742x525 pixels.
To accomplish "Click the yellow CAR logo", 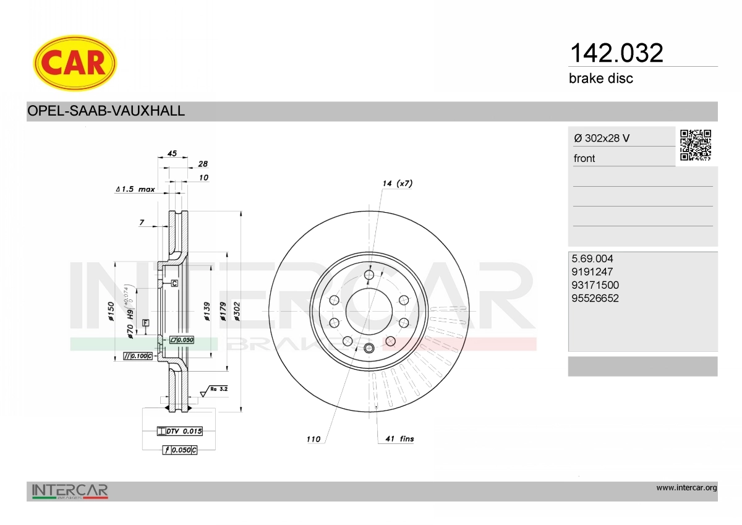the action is [x=75, y=63].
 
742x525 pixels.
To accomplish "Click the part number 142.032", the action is [x=616, y=53].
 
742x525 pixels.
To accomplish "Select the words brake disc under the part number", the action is [x=601, y=79].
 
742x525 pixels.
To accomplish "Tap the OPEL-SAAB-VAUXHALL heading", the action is [x=106, y=111].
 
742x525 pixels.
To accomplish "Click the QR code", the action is [x=696, y=145].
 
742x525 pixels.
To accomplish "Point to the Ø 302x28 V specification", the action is [x=602, y=138].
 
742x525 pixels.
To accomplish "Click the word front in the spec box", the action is [x=584, y=158].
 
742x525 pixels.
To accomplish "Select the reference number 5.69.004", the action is [x=592, y=258].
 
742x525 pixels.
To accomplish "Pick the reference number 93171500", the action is [x=595, y=285].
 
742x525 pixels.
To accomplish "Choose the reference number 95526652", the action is [x=595, y=298].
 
